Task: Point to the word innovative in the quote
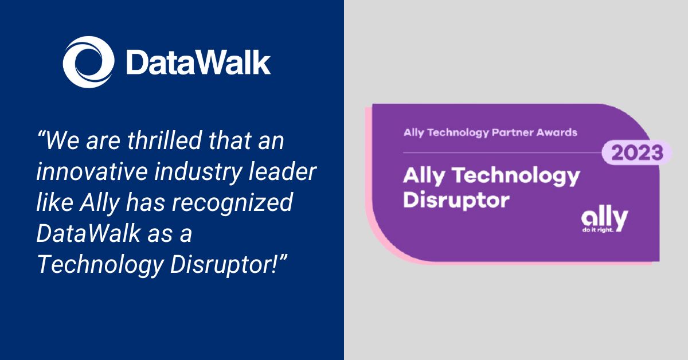pyautogui.click(x=87, y=173)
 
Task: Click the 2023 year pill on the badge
pyautogui.click(x=636, y=153)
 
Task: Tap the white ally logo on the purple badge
pyautogui.click(x=604, y=218)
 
